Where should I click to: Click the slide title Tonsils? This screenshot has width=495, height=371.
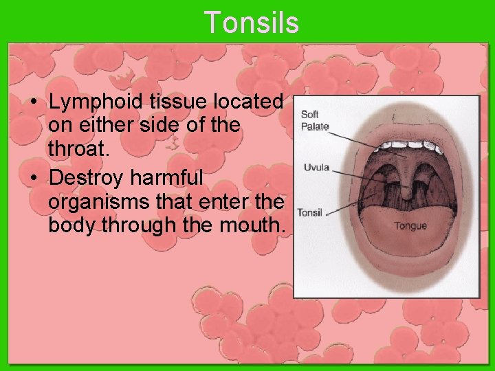tap(251, 22)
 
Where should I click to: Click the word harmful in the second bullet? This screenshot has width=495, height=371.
tap(167, 178)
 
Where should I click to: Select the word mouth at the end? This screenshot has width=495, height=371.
tap(254, 225)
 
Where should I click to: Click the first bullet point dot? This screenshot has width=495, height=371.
tap(33, 102)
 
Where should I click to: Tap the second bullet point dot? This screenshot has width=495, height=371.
tap(33, 179)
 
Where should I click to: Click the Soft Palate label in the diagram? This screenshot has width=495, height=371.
tap(315, 120)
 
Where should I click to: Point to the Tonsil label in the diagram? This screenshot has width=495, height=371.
tap(309, 213)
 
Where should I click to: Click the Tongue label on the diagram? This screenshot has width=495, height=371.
tap(410, 225)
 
